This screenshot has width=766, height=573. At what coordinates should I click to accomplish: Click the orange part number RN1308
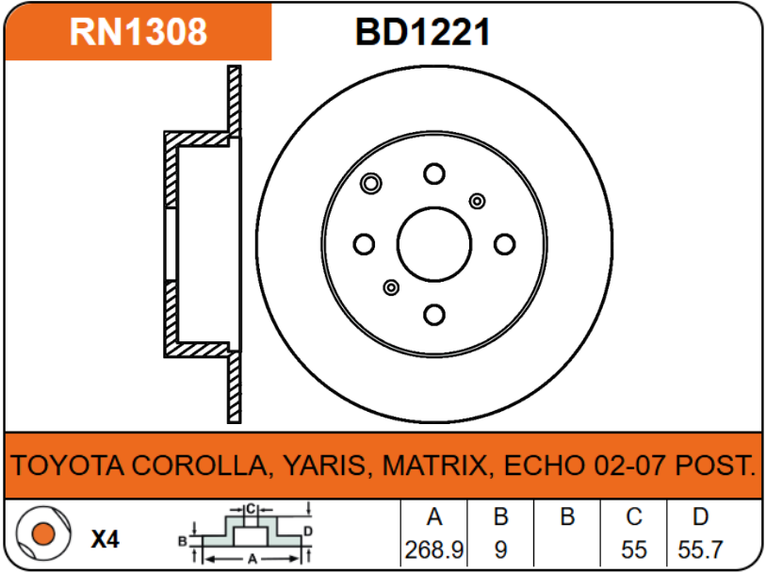[139, 32]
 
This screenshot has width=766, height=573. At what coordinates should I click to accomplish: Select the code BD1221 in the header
[422, 32]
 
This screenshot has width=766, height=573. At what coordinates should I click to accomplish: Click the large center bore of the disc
[433, 244]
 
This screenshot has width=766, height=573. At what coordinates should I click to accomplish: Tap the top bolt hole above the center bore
[433, 174]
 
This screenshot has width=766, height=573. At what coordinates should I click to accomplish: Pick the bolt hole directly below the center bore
[433, 315]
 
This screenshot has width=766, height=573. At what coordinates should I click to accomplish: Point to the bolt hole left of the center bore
[364, 245]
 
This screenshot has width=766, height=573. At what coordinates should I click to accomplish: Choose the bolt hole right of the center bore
[504, 245]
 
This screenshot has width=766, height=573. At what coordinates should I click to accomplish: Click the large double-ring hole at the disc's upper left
[371, 183]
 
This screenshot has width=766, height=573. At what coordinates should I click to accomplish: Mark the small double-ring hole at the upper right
[477, 201]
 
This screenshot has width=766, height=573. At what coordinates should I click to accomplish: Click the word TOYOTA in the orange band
[67, 466]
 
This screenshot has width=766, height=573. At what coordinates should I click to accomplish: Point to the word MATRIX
[437, 466]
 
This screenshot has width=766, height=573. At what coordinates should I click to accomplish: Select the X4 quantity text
[105, 540]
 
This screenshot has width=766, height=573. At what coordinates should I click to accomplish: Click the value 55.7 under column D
[700, 549]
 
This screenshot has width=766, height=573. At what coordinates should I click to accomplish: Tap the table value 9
[501, 549]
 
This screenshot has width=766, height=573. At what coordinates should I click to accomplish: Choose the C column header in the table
[634, 516]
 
